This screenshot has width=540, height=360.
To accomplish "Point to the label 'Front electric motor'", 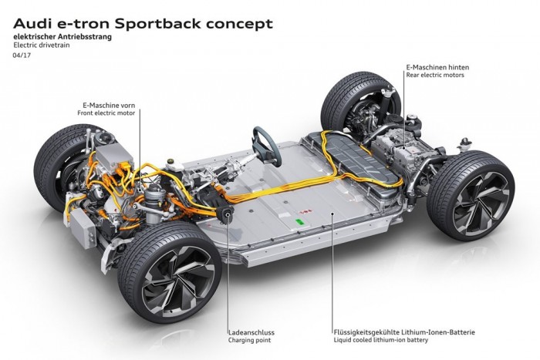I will pos(108,113).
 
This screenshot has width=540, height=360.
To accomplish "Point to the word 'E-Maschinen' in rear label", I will pos(427,66).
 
